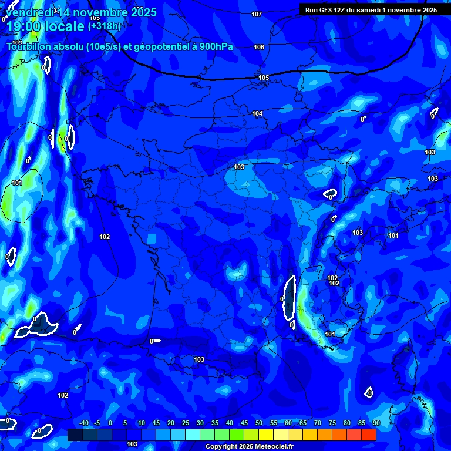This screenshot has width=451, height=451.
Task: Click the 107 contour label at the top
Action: [257, 14]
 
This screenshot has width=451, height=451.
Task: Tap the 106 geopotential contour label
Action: [259, 47]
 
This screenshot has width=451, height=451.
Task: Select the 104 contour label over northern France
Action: [257, 113]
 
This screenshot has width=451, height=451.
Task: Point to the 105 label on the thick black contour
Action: [264, 78]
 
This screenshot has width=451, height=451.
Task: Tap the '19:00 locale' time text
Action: [45, 27]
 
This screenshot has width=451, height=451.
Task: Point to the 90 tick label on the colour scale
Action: [376, 423]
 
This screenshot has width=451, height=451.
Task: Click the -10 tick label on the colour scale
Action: [83, 423]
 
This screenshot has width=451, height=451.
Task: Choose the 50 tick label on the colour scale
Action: [259, 423]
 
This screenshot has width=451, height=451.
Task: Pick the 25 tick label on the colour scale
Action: [186, 423]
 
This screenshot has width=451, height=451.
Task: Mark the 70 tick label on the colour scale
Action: [318, 423]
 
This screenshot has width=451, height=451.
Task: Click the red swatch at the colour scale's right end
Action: [369, 435]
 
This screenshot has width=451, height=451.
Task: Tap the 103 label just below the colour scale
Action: [132, 445]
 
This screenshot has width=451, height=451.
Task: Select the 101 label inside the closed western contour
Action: [17, 183]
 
